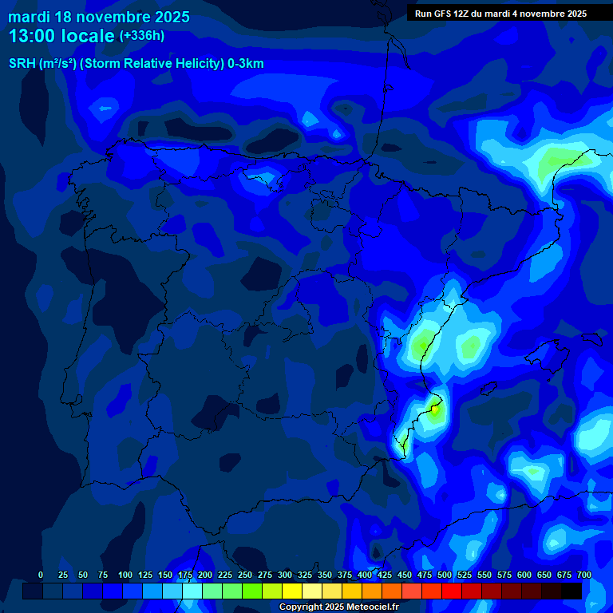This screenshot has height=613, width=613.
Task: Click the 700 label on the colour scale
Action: click(x=583, y=575)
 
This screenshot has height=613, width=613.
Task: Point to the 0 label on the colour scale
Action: click(x=41, y=575)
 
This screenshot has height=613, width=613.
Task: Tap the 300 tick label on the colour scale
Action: click(x=285, y=575)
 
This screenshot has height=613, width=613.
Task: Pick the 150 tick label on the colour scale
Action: click(x=165, y=575)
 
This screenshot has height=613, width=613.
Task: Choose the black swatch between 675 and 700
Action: click(x=571, y=591)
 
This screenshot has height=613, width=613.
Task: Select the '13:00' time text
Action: click(x=31, y=36)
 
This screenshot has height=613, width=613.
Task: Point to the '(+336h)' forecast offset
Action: click(x=141, y=36)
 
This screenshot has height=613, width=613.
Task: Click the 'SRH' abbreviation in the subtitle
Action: click(x=22, y=64)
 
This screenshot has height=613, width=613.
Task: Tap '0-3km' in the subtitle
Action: click(x=246, y=64)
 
